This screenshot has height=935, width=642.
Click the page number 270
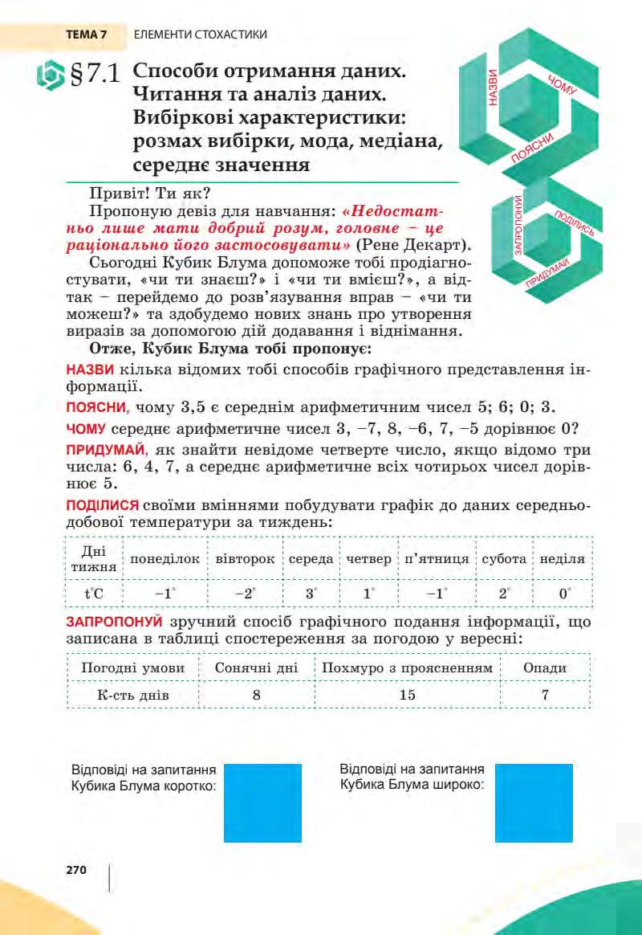pyautogui.click(x=76, y=869)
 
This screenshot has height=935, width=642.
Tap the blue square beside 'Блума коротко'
pyautogui.click(x=262, y=802)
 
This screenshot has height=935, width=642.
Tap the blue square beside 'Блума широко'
pyautogui.click(x=534, y=802)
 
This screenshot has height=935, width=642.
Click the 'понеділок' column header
pyautogui.click(x=165, y=558)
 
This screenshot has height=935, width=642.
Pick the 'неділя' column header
pyautogui.click(x=563, y=558)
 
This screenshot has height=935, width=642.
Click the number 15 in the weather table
pyautogui.click(x=407, y=695)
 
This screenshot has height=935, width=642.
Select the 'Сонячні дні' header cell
pyautogui.click(x=257, y=668)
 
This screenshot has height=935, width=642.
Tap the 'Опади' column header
pyautogui.click(x=545, y=668)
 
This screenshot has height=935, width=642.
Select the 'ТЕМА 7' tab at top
pyautogui.click(x=87, y=35)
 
